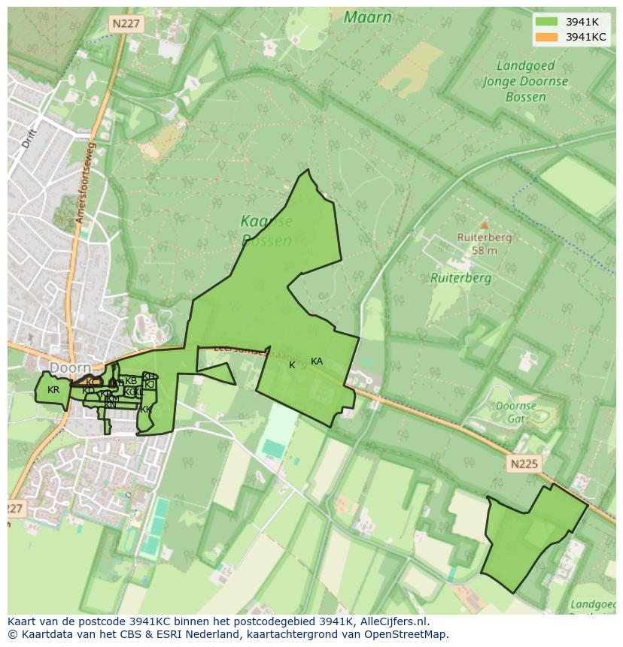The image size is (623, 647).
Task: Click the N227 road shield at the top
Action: (126, 24)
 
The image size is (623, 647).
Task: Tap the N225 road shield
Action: (524, 464)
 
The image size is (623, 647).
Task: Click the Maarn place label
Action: (367, 17)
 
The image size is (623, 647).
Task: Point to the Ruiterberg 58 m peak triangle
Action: (485, 225)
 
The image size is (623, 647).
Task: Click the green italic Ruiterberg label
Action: (460, 277)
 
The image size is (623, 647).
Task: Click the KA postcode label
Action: (317, 361)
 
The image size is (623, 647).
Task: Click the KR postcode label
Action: (53, 390)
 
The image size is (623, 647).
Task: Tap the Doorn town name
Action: (70, 367)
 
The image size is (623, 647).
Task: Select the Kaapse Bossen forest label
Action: (266, 231)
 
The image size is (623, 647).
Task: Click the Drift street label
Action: (29, 138)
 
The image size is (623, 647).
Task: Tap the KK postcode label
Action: (146, 410)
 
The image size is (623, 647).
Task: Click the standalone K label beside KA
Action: (292, 365)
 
